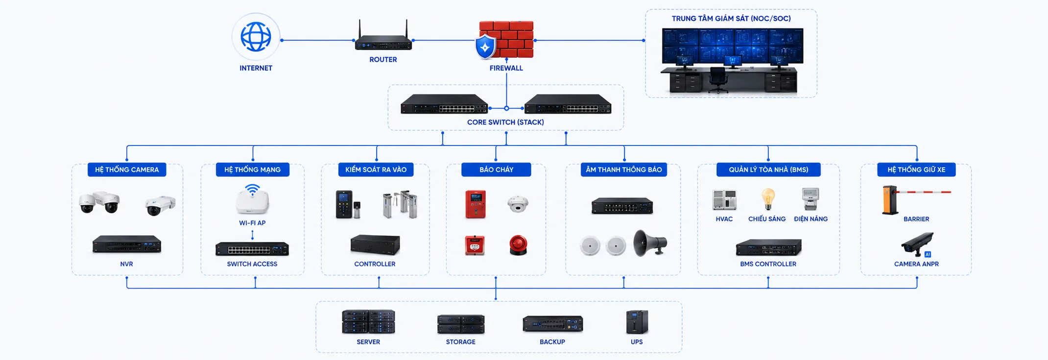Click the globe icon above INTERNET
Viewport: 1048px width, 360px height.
[256, 37]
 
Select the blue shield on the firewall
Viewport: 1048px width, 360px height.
[485, 47]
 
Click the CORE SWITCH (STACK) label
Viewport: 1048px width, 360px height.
[505, 122]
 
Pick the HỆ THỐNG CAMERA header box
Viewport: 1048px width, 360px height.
[127, 169]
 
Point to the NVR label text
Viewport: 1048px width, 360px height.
[126, 264]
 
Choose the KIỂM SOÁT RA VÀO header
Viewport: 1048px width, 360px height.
[376, 169]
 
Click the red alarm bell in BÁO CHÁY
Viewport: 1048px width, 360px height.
[518, 245]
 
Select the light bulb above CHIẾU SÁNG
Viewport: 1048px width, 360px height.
[768, 199]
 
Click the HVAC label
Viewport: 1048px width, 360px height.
[724, 219]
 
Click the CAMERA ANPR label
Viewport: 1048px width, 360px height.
[916, 264]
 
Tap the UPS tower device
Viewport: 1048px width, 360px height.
[637, 322]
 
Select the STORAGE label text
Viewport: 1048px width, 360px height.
[460, 342]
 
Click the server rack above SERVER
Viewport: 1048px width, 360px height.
[368, 322]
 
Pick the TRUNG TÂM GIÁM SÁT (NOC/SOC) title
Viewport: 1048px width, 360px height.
[731, 19]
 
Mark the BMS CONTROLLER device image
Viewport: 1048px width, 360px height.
[768, 247]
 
